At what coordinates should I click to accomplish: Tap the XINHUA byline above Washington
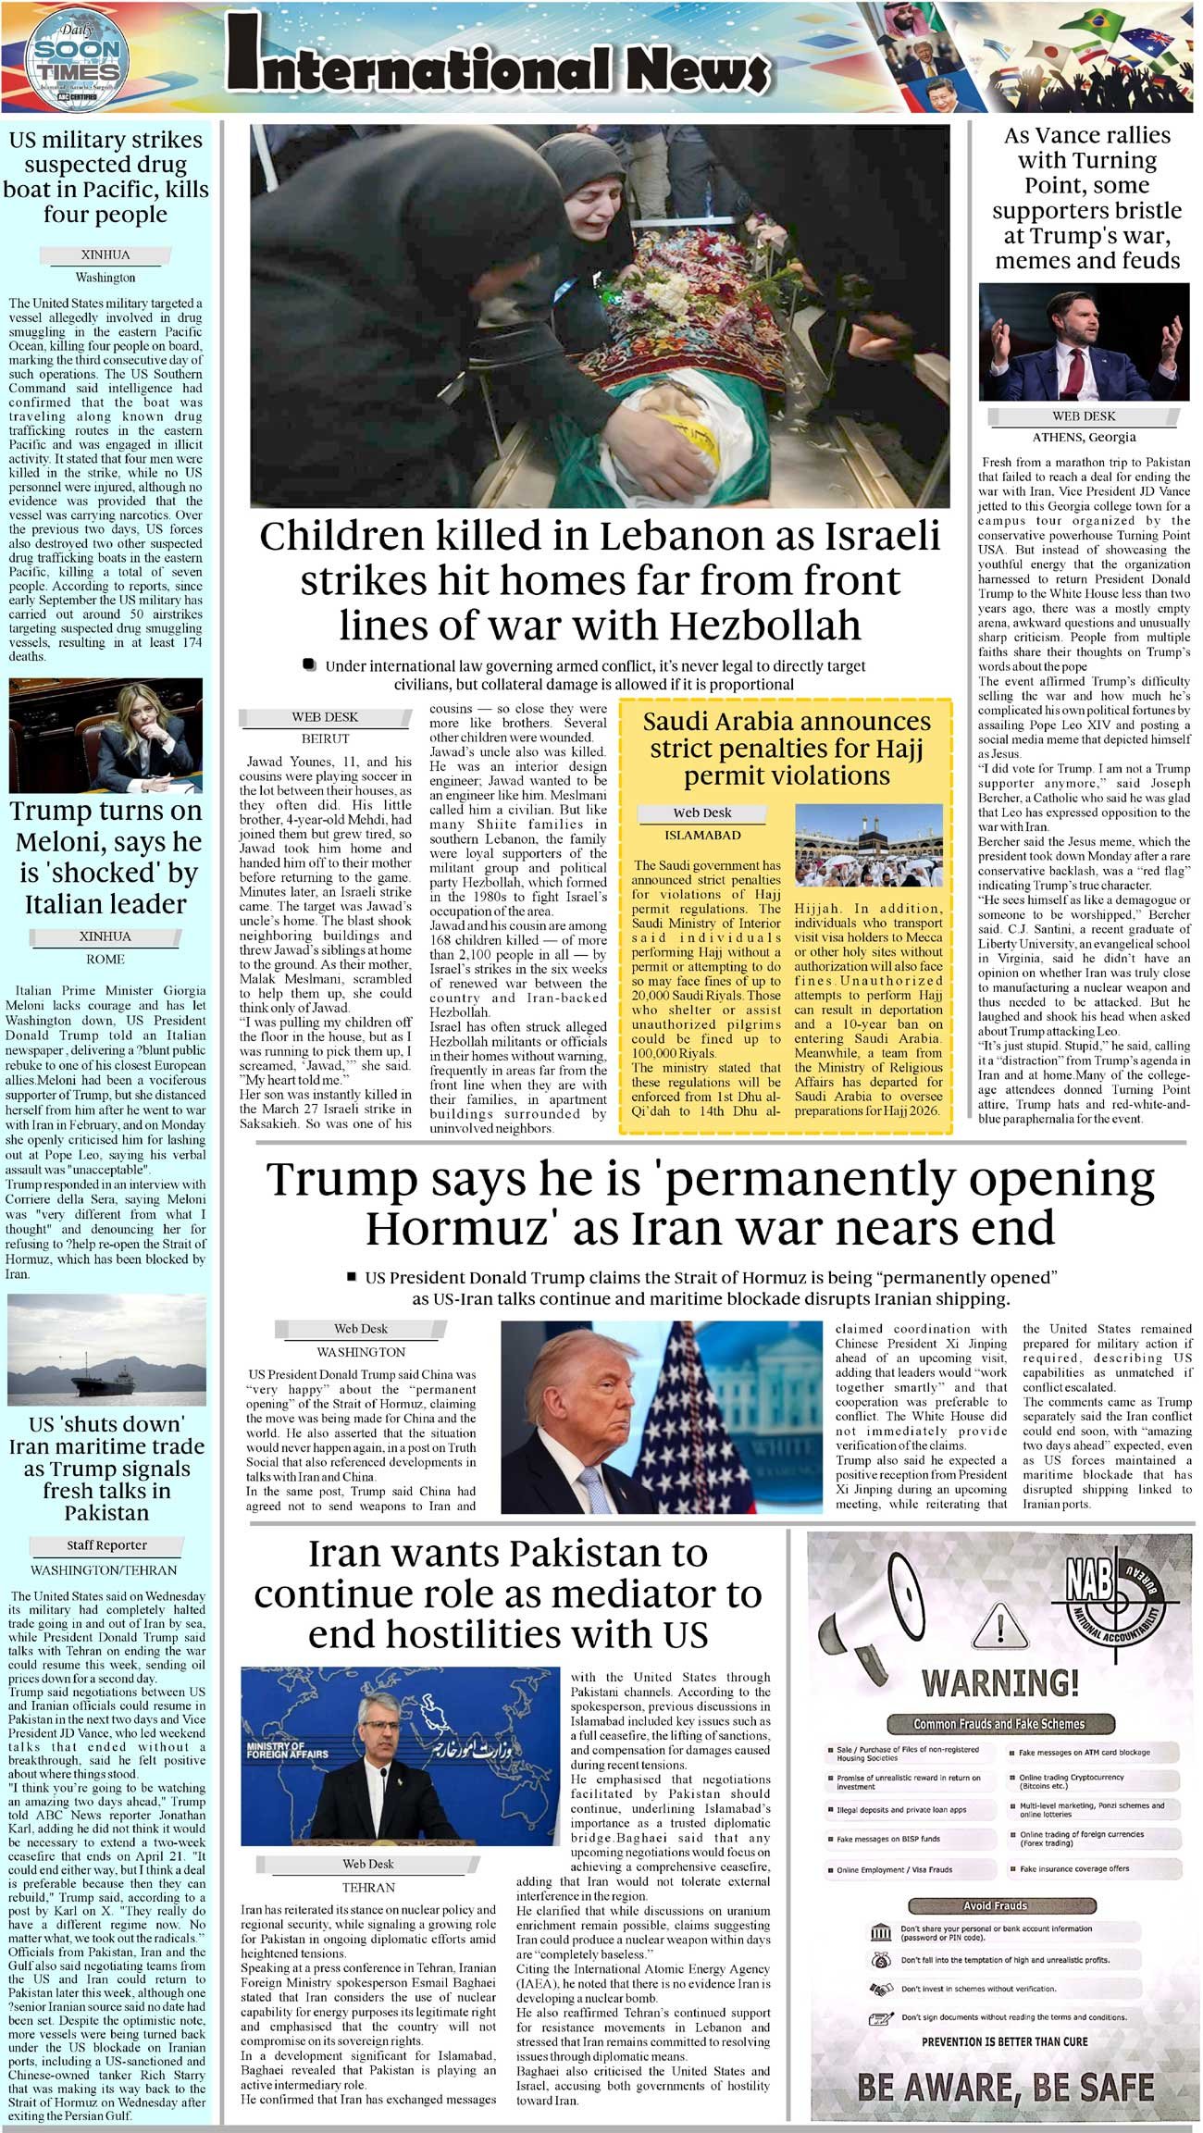point(105,254)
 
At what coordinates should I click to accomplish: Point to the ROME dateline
point(105,959)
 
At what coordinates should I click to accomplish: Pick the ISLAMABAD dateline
point(702,835)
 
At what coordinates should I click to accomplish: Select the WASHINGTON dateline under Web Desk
point(360,1352)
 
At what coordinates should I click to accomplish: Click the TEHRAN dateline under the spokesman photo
point(368,1887)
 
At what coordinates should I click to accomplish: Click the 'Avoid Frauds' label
point(995,1905)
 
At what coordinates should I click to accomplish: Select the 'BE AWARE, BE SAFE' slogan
point(1004,2087)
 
